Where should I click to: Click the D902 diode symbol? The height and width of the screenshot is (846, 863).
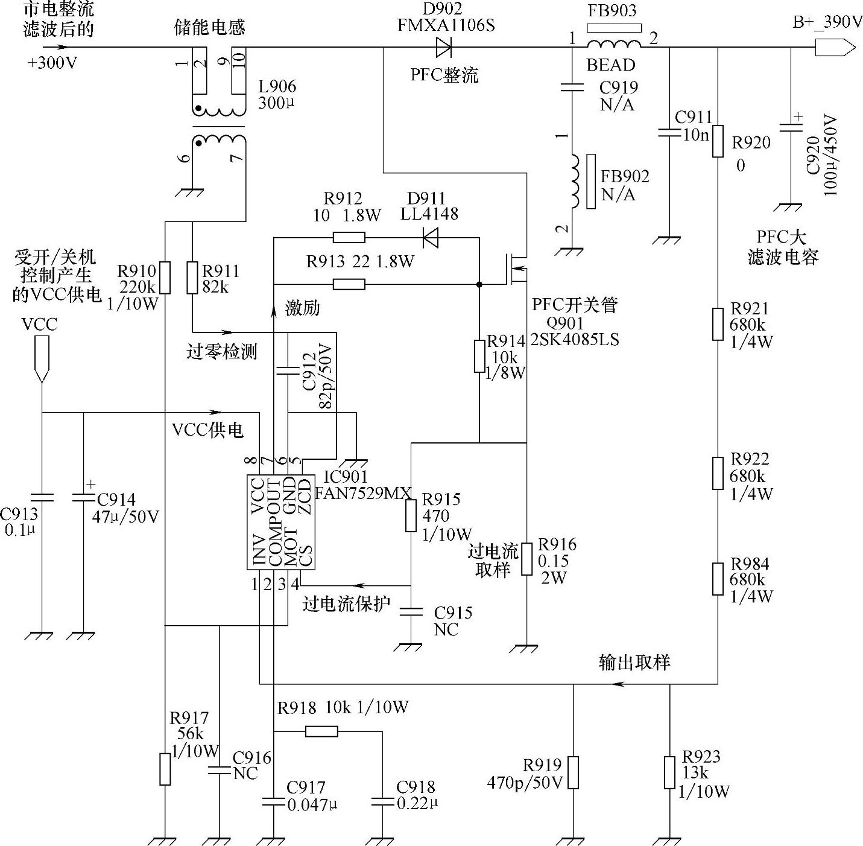[444, 47]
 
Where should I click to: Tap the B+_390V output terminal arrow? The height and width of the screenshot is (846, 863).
[835, 47]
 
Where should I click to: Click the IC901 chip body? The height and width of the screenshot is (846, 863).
[282, 522]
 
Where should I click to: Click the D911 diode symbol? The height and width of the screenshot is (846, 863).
[430, 239]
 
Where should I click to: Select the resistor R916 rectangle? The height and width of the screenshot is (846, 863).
[526, 559]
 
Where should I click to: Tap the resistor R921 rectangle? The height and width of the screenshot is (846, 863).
[718, 324]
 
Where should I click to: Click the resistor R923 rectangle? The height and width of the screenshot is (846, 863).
[669, 773]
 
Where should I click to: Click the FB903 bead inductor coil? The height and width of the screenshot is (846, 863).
[613, 44]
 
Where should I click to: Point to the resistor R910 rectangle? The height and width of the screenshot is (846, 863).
[165, 278]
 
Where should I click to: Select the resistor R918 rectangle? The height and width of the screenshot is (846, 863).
[321, 731]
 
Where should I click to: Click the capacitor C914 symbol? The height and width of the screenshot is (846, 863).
[83, 498]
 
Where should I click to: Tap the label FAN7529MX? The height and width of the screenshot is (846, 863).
[363, 492]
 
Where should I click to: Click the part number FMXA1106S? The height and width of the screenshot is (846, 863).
[446, 25]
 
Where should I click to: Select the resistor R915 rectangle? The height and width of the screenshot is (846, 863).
[411, 516]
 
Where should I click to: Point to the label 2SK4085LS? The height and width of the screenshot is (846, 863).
[575, 339]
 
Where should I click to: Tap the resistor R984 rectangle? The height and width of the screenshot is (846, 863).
[718, 579]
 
